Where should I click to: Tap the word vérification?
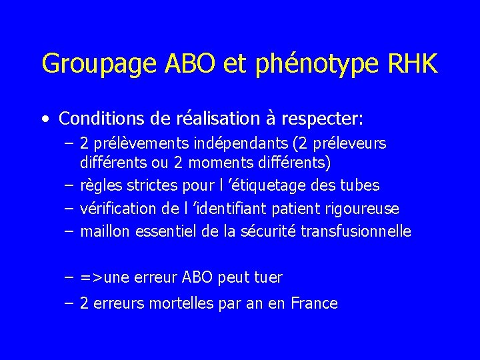tap(118, 209)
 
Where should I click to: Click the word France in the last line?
tap(315, 304)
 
